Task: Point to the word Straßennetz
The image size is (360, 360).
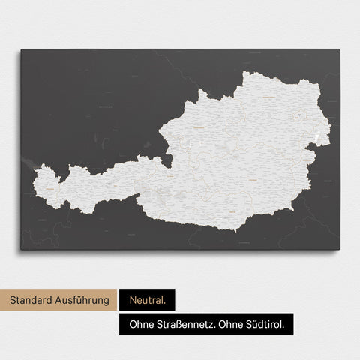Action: point(185,324)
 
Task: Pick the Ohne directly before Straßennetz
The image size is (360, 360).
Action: point(139,324)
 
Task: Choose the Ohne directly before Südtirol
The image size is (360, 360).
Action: point(232,324)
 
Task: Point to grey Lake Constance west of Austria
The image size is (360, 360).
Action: point(30,163)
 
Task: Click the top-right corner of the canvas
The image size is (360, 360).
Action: point(339,50)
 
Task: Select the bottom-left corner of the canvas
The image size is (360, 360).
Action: point(21,249)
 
